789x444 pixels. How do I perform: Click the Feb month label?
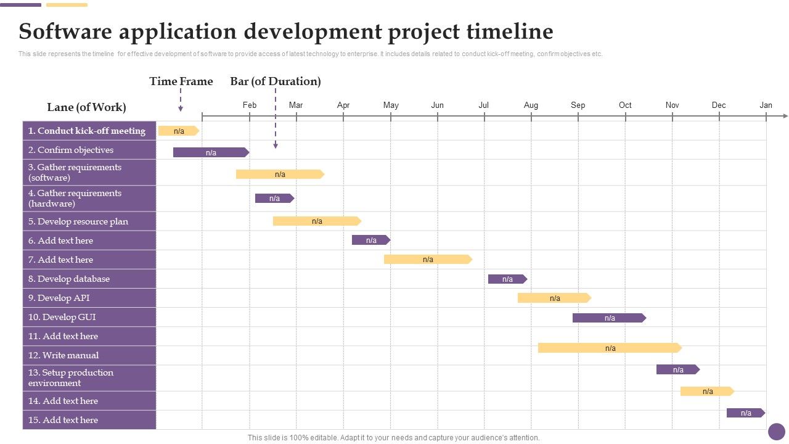250,105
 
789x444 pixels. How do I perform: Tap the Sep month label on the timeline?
578,105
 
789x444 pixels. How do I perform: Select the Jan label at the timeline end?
766,105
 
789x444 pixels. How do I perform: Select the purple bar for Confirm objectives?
211,152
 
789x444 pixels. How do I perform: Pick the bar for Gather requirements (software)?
280,175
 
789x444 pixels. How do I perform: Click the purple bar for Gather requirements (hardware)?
274,199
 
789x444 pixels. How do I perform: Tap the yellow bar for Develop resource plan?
317,221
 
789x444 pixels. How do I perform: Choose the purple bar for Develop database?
507,279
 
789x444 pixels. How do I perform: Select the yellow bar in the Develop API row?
554,298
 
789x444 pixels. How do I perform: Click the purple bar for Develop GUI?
609,318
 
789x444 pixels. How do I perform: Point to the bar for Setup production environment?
677,370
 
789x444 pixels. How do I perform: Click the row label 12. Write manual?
63,355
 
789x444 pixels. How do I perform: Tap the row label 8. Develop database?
69,279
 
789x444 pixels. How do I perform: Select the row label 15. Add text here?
63,420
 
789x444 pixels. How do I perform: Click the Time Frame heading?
181,81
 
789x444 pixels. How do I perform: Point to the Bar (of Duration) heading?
276,81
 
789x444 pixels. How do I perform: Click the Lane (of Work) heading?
86,107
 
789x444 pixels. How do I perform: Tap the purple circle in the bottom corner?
777,431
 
